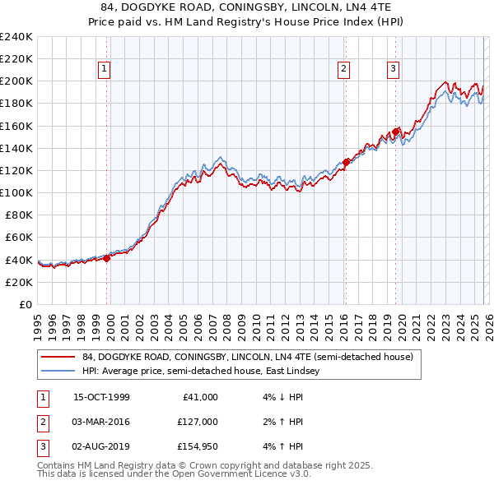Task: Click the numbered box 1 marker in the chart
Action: click(105, 70)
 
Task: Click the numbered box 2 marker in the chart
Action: click(343, 70)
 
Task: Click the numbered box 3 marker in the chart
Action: click(394, 70)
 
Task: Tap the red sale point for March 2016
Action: click(346, 162)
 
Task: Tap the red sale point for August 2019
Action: click(396, 131)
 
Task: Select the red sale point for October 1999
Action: click(107, 258)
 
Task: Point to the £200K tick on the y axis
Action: click(16, 81)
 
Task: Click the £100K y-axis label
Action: click(16, 192)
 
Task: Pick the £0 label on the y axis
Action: click(25, 304)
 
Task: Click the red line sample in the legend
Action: click(58, 357)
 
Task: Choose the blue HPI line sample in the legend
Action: click(58, 372)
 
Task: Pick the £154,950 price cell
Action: click(195, 446)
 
